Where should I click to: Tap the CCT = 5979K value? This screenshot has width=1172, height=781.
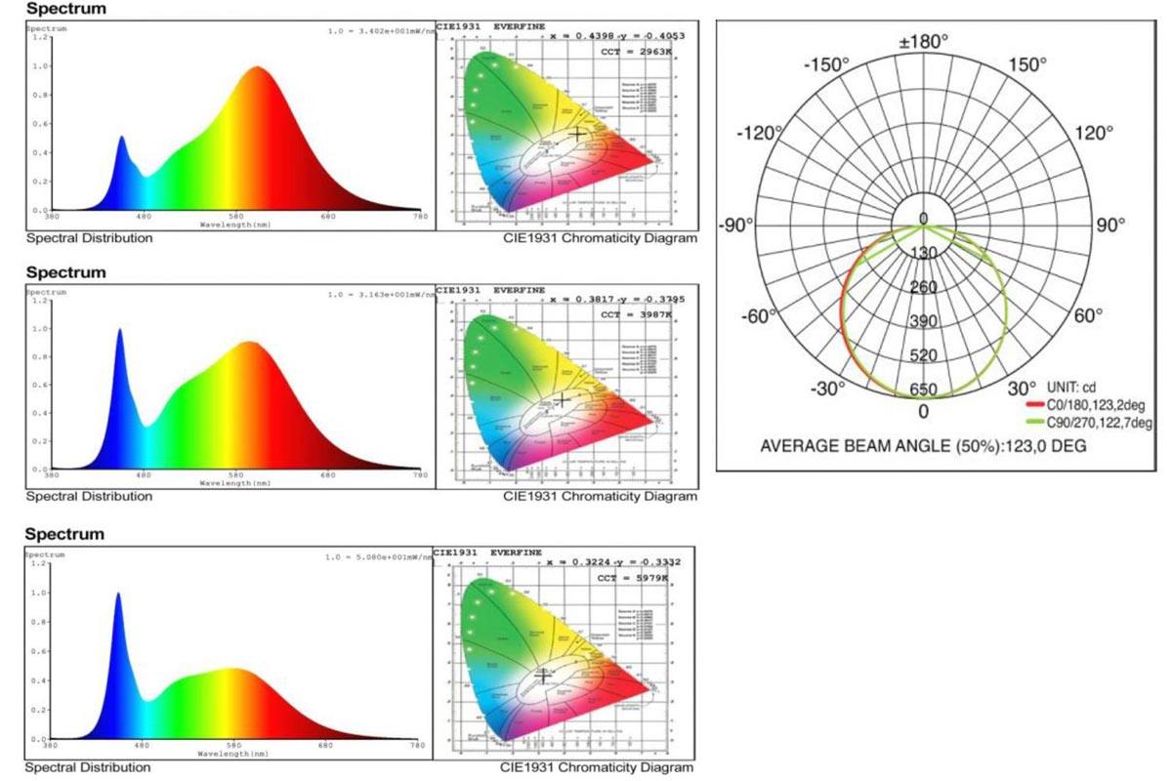tap(633, 578)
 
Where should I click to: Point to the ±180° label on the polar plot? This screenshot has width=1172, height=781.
tap(923, 43)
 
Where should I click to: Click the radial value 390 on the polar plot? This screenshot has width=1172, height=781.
tap(923, 322)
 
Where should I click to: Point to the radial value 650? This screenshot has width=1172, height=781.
tap(923, 390)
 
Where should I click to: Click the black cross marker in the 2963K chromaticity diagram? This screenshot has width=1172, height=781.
tap(578, 133)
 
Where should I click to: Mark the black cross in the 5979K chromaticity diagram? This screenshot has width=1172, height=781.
tap(544, 674)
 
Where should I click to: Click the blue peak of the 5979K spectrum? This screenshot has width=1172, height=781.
tap(119, 594)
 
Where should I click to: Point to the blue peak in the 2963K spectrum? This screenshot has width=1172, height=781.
tap(122, 138)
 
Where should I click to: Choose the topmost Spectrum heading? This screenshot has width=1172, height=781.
tap(66, 9)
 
